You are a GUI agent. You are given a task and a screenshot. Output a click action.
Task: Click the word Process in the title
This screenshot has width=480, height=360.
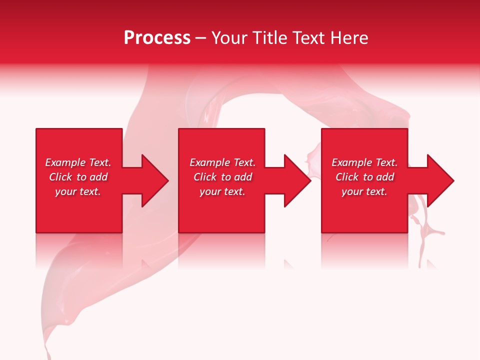[157, 38]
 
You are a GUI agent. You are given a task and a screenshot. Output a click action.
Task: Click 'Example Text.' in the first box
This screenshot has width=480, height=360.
[78, 162]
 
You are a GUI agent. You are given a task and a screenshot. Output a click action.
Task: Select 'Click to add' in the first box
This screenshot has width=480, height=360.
[78, 177]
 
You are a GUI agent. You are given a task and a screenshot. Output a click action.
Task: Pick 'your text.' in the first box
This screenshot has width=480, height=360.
[78, 191]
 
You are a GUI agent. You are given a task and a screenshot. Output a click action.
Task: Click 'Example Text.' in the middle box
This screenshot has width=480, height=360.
[222, 162]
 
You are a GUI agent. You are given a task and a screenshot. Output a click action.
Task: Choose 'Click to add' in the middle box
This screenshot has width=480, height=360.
[222, 177]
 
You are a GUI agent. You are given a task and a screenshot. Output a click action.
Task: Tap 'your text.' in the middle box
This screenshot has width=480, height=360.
[222, 191]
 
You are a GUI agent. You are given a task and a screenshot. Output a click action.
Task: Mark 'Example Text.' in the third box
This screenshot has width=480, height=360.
[364, 162]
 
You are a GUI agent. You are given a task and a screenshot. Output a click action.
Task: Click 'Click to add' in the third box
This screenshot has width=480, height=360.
[364, 177]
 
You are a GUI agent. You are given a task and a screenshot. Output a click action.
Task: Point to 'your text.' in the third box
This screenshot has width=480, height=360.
[364, 191]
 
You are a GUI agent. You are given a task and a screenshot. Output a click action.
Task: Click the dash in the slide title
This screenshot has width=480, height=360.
[200, 38]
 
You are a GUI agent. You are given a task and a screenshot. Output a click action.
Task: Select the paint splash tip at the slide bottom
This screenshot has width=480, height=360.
[48, 350]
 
